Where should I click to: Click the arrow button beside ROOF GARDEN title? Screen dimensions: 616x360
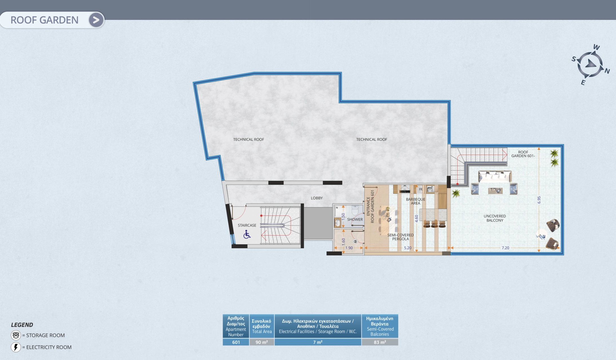click(x=96, y=20)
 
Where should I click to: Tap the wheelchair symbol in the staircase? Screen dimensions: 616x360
click(x=247, y=234)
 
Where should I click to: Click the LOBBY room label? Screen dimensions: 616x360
click(x=317, y=198)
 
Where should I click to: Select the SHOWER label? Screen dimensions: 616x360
click(x=355, y=219)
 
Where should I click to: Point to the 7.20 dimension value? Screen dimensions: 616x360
click(x=505, y=248)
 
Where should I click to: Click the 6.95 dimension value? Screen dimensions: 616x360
click(x=539, y=200)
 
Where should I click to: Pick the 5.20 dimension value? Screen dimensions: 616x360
click(x=407, y=248)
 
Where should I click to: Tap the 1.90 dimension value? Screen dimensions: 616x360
click(x=349, y=248)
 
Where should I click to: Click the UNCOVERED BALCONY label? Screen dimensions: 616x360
click(x=495, y=218)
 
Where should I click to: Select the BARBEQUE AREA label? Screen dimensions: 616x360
click(x=415, y=201)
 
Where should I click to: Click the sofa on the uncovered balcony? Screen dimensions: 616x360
click(x=495, y=177)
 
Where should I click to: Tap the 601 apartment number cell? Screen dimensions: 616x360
click(x=236, y=342)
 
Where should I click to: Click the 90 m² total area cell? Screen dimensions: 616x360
click(x=262, y=342)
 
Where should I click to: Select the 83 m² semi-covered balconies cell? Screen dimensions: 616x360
click(x=380, y=342)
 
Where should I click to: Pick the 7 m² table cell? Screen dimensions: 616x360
click(x=318, y=342)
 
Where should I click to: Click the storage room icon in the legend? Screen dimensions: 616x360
click(x=16, y=335)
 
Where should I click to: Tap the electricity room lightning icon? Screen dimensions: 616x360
click(x=16, y=347)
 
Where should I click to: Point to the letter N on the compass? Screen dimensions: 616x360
click(x=607, y=71)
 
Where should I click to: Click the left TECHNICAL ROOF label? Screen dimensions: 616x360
click(x=249, y=139)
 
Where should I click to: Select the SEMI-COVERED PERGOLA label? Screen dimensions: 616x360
click(x=400, y=237)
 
